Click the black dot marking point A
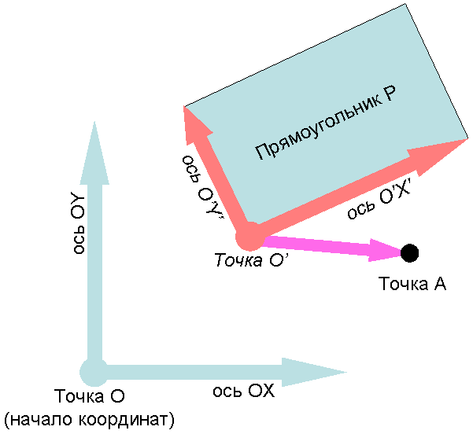pyautogui.click(x=409, y=252)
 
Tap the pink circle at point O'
pyautogui.click(x=249, y=236)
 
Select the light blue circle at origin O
pyautogui.click(x=93, y=371)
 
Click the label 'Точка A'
pyautogui.click(x=412, y=284)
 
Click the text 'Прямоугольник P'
pyautogui.click(x=325, y=126)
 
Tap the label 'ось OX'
pyautogui.click(x=243, y=391)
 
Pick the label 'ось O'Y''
pyautogui.click(x=201, y=186)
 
